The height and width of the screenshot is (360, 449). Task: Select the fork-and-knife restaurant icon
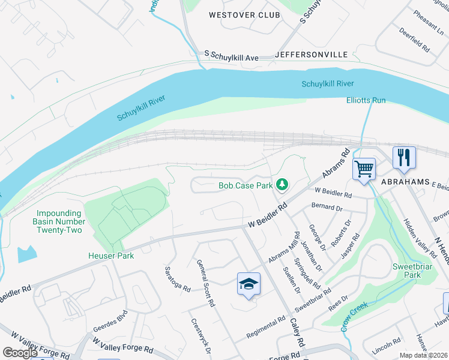point(403,158)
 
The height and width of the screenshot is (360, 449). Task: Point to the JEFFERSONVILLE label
point(311,55)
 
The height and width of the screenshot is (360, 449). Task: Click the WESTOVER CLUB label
point(244,14)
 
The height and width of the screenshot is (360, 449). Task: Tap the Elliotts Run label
point(366,100)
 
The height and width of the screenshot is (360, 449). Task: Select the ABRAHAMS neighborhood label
point(405,181)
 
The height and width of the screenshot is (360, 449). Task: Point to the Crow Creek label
point(354,316)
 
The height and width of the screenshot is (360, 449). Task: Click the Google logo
point(20,353)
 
